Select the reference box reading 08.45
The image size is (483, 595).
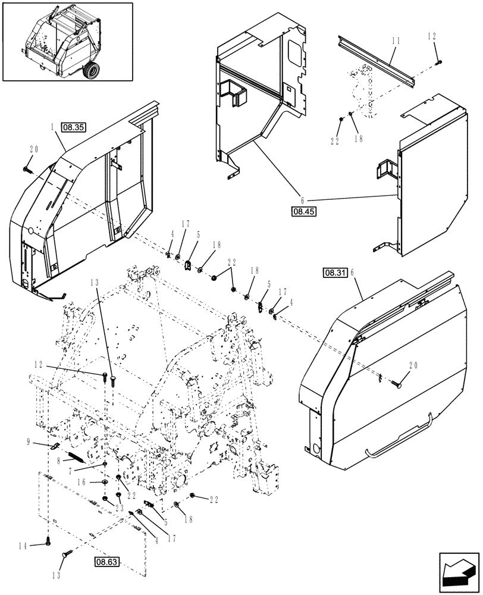304,211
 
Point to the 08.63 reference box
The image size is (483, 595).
106,560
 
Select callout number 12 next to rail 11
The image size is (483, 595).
432,36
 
